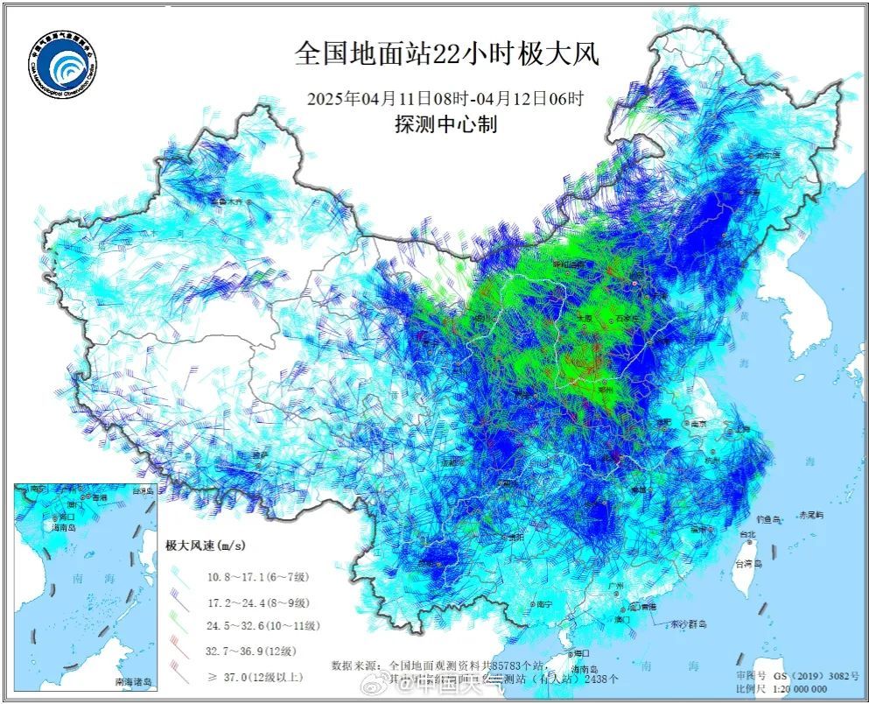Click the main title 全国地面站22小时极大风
point(446,54)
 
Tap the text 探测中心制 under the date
point(445,124)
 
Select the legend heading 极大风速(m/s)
point(207,545)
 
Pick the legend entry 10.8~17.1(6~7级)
point(259,576)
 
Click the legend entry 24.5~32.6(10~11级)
point(263,625)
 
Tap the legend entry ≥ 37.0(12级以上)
point(259,677)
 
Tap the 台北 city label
point(746,534)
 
